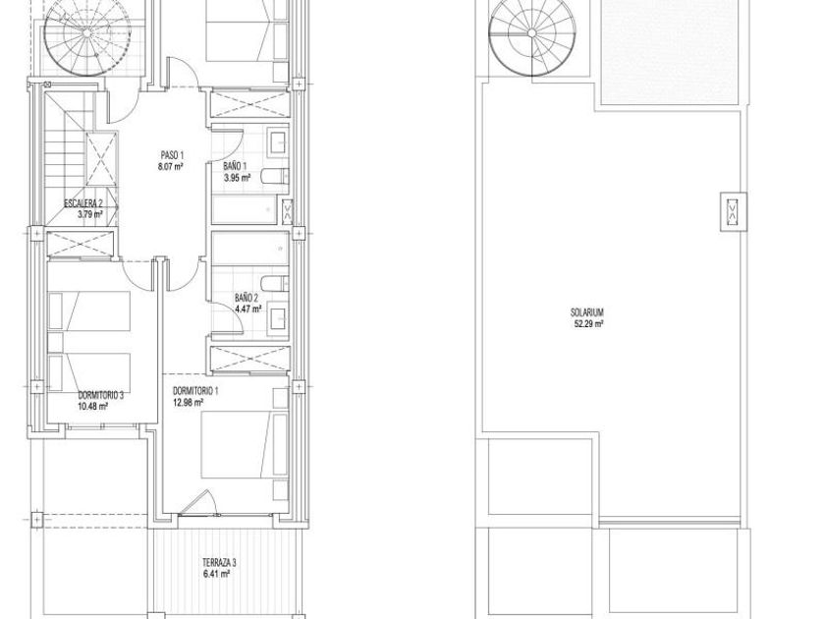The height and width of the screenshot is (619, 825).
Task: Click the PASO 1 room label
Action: click(x=172, y=155)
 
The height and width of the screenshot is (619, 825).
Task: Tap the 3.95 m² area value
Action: click(x=237, y=178)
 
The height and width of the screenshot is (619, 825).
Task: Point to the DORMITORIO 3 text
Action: click(x=100, y=395)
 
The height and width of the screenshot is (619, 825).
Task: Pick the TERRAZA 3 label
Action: click(x=219, y=563)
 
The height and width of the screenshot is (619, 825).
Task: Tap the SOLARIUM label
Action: click(x=587, y=312)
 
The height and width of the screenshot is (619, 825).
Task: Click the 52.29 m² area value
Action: click(x=588, y=323)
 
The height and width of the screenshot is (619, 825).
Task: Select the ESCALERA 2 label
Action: click(x=83, y=203)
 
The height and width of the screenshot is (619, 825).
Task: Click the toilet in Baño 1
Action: click(x=275, y=176)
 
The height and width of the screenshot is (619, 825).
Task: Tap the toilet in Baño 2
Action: click(x=275, y=283)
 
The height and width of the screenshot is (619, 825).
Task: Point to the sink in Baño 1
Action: click(x=277, y=141)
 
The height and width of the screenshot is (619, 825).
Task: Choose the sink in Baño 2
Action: click(x=277, y=317)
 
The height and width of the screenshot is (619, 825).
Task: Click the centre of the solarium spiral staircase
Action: click(x=532, y=33)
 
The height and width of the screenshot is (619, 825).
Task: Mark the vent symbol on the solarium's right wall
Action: click(x=733, y=211)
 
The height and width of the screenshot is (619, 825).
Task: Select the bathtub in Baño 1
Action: click(x=250, y=209)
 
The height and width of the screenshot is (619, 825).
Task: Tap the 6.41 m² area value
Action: click(x=216, y=574)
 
